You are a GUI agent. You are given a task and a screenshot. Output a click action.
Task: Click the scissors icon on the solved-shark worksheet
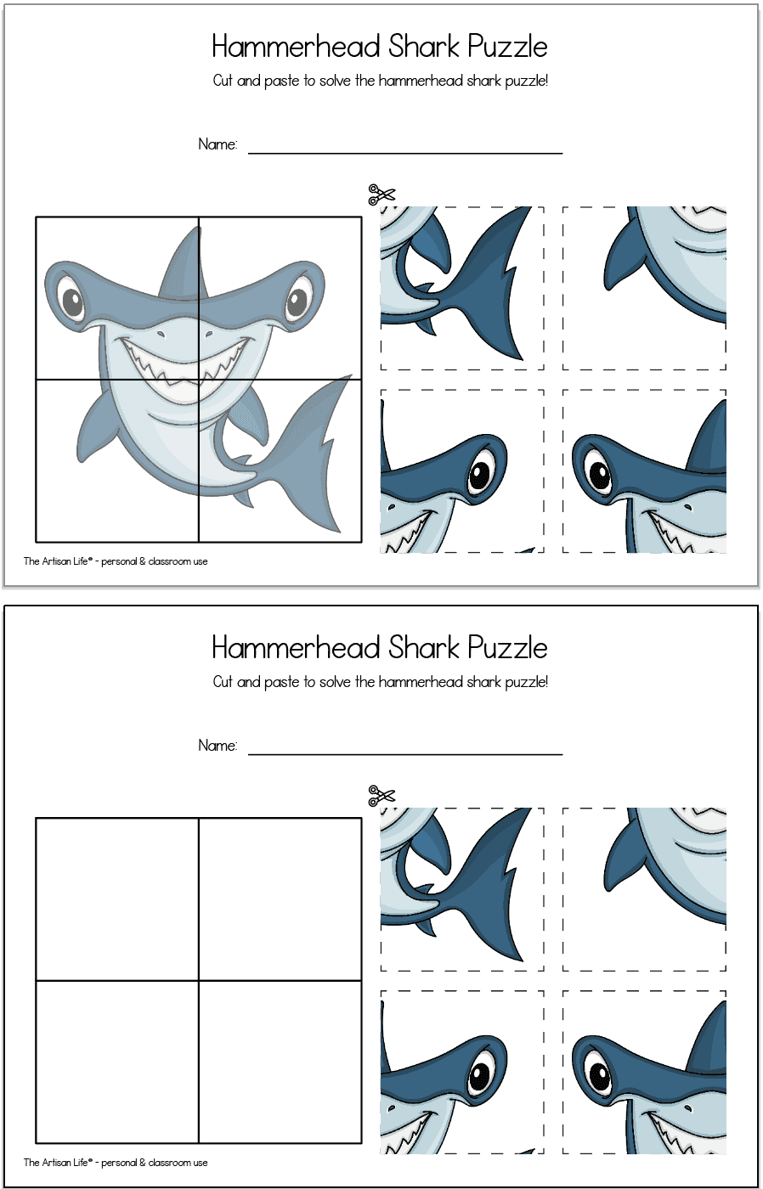(x=381, y=194)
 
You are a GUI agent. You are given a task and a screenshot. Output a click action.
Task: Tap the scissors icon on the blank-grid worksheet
(x=381, y=796)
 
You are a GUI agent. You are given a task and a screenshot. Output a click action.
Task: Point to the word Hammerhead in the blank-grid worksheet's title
(x=295, y=648)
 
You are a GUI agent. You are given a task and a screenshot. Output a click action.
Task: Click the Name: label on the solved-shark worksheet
(x=218, y=144)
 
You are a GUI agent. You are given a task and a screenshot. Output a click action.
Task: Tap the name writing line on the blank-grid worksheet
(x=405, y=753)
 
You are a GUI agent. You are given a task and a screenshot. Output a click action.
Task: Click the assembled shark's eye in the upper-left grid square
(x=71, y=301)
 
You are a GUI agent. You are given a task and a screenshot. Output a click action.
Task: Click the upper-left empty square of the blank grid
(x=117, y=899)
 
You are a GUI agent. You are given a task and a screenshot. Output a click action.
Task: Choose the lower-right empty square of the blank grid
(x=280, y=1062)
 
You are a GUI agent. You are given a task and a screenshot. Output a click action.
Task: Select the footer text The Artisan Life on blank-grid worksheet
(x=58, y=1163)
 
